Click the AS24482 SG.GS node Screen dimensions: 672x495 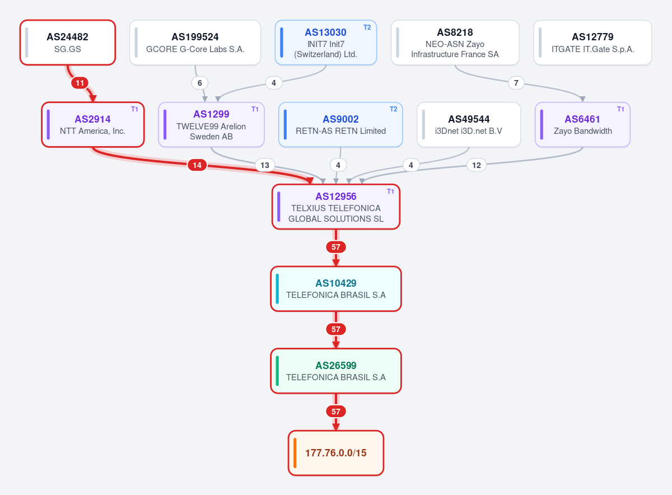click(68, 43)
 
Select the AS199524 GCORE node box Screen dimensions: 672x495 click(195, 43)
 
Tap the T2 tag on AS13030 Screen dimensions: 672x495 click(367, 27)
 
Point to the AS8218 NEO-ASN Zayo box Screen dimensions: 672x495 click(455, 43)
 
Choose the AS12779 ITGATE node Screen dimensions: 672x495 click(592, 43)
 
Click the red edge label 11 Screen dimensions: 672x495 click(80, 83)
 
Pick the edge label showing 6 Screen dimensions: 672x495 click(200, 83)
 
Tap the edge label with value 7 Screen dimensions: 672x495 click(516, 83)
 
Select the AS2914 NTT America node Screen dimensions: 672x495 click(93, 124)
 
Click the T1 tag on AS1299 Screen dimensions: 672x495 click(255, 109)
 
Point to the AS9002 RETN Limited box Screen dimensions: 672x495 click(340, 124)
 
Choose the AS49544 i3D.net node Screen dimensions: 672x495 click(469, 124)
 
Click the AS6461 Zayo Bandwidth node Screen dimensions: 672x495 click(582, 124)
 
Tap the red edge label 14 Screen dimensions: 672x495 click(197, 165)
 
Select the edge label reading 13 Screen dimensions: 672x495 click(264, 165)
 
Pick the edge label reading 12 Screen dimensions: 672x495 click(477, 165)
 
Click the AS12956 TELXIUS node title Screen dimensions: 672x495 click(335, 197)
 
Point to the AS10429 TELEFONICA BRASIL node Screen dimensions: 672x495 click(335, 289)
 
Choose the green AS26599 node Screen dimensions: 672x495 click(335, 371)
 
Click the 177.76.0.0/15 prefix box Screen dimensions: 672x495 click(335, 453)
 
